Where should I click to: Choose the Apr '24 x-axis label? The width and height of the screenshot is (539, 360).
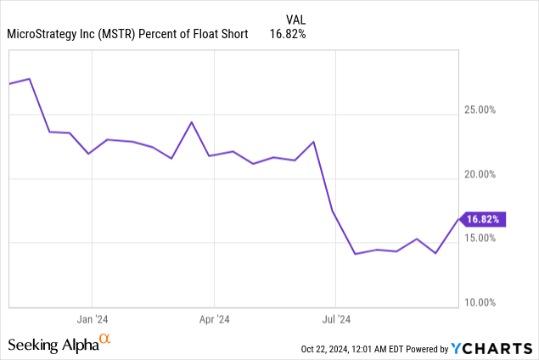pyautogui.click(x=214, y=320)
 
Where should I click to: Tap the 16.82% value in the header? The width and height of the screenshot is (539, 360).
pyautogui.click(x=289, y=34)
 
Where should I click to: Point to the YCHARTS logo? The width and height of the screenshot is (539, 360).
pyautogui.click(x=493, y=348)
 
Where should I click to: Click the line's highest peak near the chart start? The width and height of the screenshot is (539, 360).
pyautogui.click(x=30, y=79)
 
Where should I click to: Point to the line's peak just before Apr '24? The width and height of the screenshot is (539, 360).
pyautogui.click(x=191, y=122)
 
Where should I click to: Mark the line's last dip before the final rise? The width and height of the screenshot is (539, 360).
pyautogui.click(x=435, y=253)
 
